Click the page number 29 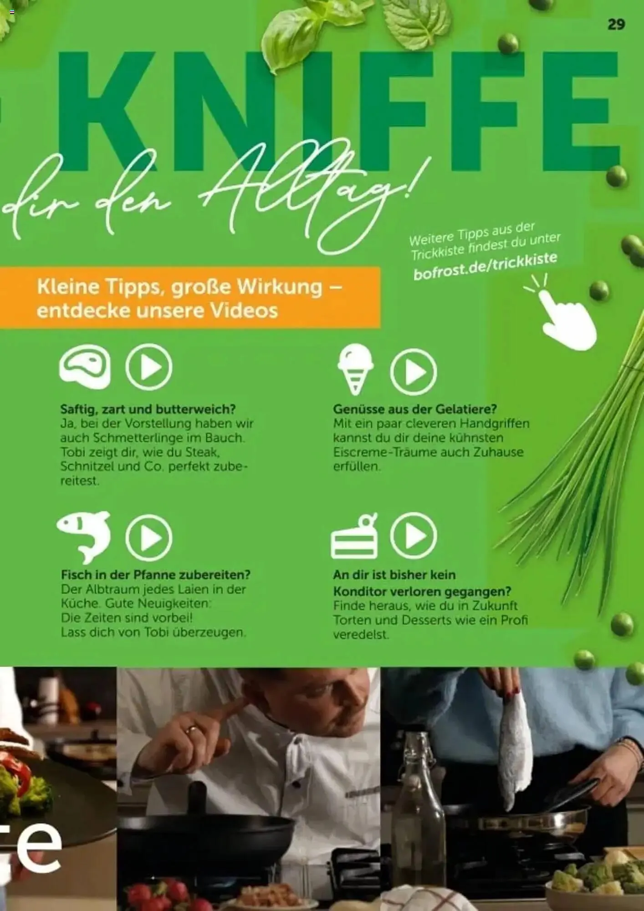coord(616,24)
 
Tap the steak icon coord(85,367)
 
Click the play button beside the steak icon coord(149,367)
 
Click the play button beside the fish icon coord(149,537)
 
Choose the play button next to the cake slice coord(413,536)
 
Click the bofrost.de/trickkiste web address coord(485,266)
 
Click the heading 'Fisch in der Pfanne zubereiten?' coord(156,575)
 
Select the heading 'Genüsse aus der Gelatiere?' coord(415,409)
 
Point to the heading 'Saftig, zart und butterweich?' coord(148,409)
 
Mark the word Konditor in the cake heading coord(360,592)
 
